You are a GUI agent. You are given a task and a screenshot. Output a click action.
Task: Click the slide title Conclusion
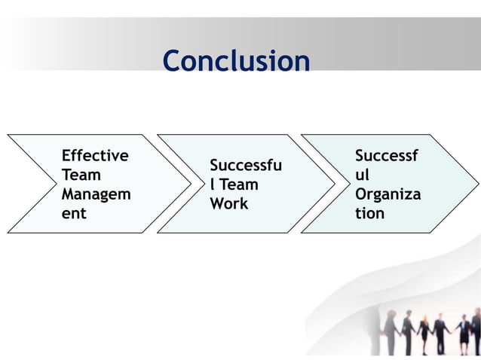236,61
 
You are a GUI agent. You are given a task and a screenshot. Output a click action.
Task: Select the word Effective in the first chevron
95,156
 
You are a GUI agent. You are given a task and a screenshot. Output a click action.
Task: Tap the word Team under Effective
81,175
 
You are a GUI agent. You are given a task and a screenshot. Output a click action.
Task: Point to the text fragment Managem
95,194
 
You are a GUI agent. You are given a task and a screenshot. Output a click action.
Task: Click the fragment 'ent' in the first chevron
74,213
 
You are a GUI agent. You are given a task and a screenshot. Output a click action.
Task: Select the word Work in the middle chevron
228,203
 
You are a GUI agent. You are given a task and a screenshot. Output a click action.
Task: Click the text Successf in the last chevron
387,156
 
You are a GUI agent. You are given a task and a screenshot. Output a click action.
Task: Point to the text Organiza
388,194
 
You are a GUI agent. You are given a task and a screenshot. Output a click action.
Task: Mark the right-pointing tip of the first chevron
191,184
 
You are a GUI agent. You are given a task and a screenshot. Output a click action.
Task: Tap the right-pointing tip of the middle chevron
335,184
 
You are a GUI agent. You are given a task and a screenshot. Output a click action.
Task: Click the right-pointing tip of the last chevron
478,184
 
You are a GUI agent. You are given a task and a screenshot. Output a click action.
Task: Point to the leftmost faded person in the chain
391,331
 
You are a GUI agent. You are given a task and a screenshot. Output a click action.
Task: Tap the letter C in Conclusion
173,61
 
